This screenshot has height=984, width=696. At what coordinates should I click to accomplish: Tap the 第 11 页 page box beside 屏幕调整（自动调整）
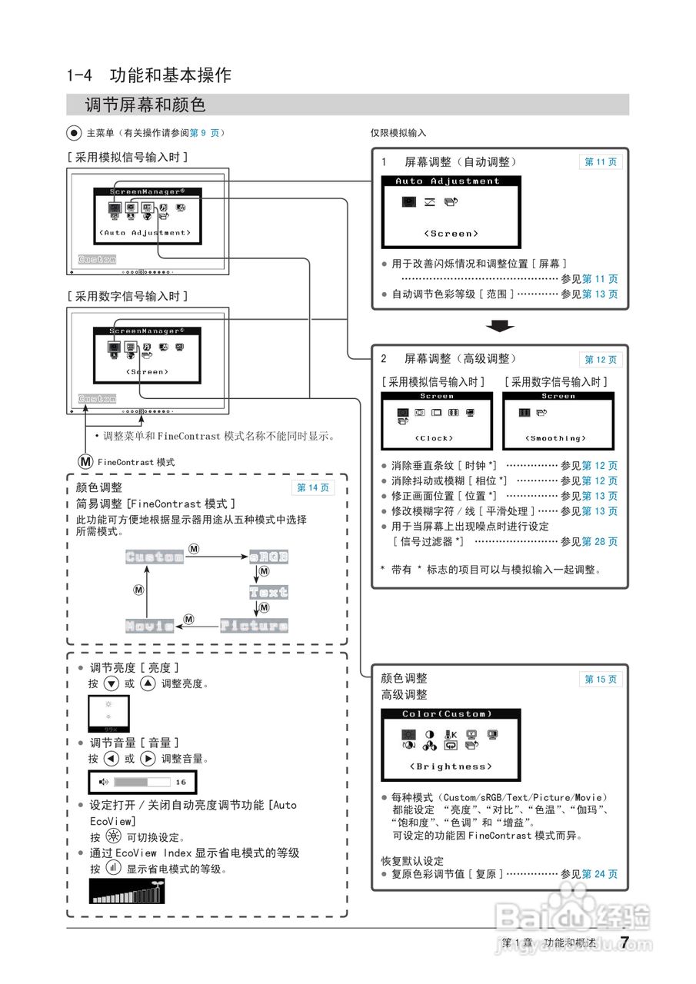600,162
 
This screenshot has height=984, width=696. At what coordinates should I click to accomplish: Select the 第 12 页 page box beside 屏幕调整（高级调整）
600,360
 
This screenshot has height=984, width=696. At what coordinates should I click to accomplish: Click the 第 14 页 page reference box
313,487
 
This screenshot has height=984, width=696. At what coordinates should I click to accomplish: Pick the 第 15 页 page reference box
600,680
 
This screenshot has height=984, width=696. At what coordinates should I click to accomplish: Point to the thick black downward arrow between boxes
500,327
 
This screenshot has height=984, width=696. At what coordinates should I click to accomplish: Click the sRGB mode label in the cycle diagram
268,557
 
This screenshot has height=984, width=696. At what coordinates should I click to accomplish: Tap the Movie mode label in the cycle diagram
150,626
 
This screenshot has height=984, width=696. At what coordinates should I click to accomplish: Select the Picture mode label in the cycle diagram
254,626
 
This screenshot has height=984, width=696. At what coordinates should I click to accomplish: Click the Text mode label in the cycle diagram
268,592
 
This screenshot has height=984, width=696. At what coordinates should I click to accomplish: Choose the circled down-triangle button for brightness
112,683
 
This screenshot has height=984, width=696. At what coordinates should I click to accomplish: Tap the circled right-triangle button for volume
148,759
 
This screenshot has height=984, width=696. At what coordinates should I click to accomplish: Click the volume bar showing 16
143,783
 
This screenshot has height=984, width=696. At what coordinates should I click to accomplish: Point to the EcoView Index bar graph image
128,892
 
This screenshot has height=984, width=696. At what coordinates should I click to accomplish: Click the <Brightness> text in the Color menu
451,766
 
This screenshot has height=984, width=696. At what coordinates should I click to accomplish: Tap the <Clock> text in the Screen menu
435,438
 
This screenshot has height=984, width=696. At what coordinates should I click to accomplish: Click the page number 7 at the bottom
624,942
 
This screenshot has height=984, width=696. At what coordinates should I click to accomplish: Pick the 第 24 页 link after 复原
600,874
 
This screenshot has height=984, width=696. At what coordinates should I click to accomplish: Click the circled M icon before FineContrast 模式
85,462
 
